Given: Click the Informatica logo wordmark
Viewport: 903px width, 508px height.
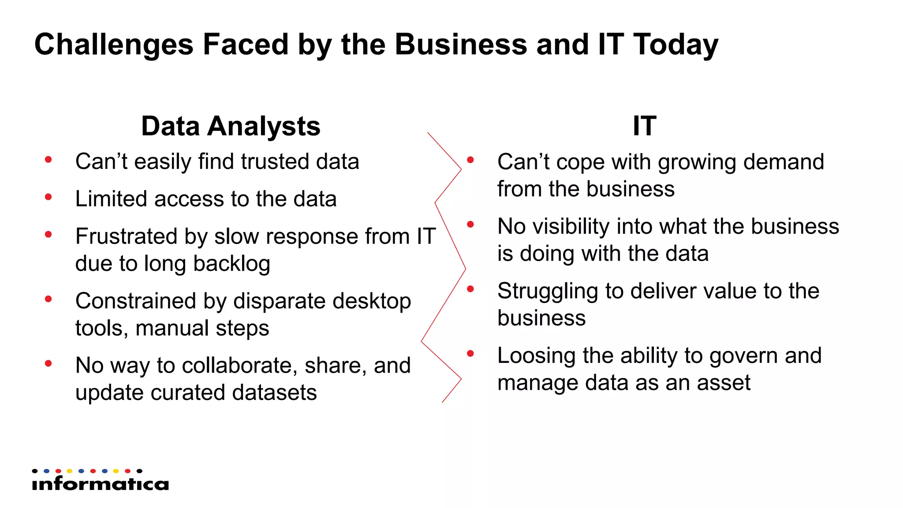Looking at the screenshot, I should pos(100,484).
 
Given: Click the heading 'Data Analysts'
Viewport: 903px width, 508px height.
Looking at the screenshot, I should pos(231,127).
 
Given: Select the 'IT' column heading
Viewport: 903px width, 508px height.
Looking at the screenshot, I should pos(644,126).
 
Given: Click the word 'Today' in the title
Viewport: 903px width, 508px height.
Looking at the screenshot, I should pos(675,45).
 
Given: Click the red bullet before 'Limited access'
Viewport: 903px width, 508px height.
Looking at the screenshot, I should pos(49,197).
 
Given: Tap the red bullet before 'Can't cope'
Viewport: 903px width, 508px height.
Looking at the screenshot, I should pos(470,160).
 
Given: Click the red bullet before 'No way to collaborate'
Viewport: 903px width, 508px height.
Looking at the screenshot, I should pos(49,364).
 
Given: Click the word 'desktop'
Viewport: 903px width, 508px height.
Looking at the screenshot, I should pos(371,301).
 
